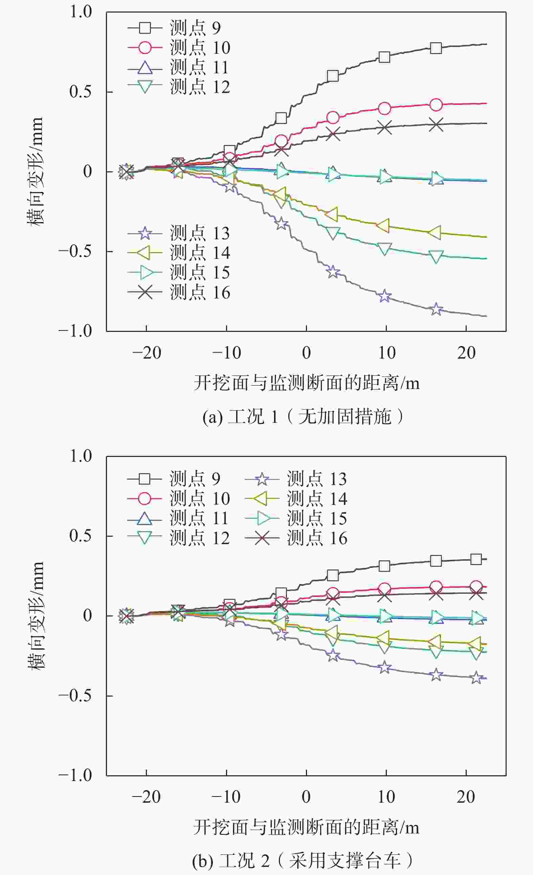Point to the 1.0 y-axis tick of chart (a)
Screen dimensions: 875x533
81,12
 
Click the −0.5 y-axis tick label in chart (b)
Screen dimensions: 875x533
75,695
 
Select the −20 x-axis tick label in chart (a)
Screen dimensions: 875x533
147,353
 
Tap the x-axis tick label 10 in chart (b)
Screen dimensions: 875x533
386,797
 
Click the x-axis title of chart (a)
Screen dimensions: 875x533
307,383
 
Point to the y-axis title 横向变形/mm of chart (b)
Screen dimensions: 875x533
36,615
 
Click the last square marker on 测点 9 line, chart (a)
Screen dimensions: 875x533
436,48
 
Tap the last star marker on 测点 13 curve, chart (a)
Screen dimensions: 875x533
436,309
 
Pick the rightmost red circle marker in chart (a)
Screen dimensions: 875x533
436,105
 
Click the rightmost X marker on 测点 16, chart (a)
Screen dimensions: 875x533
436,125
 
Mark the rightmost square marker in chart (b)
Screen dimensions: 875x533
476,559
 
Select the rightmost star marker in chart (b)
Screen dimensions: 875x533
476,677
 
